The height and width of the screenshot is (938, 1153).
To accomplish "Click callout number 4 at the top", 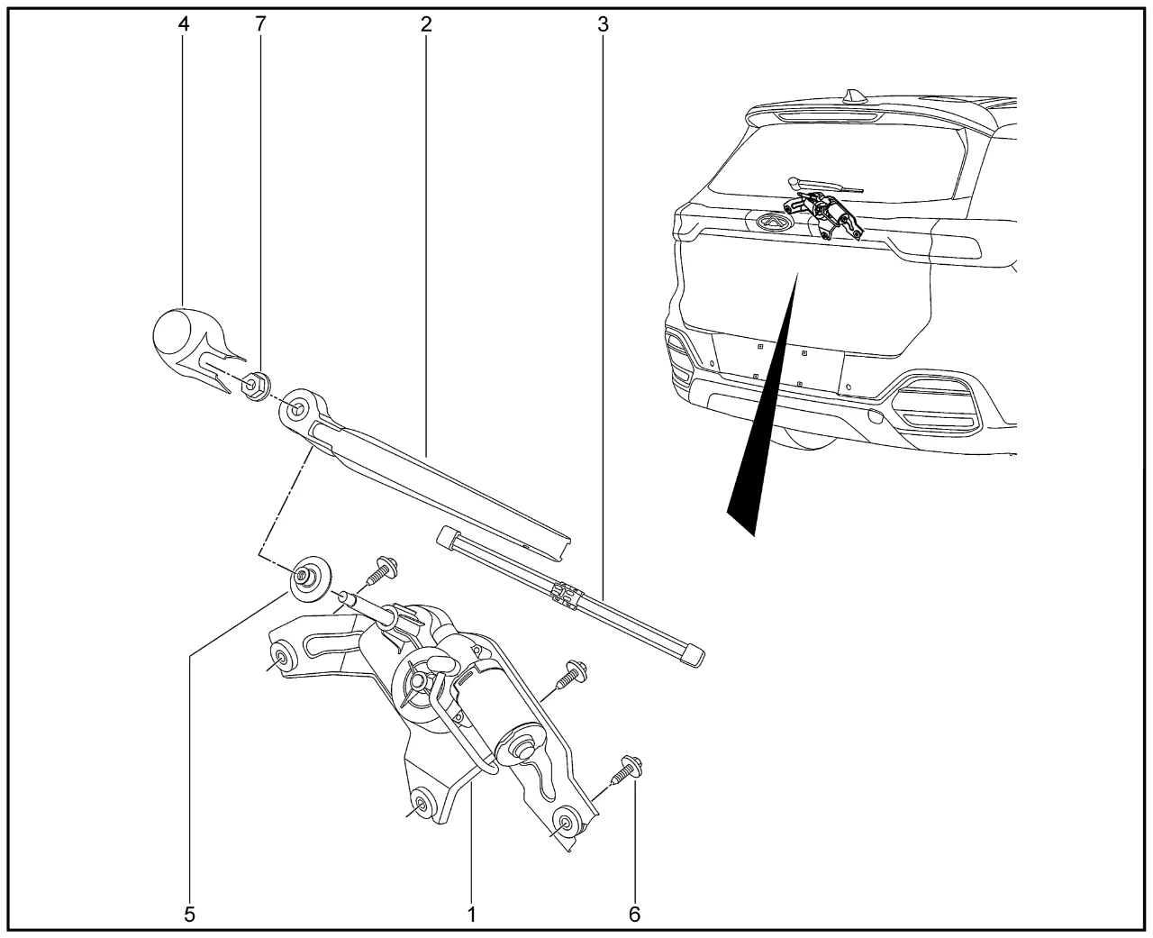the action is (184, 24).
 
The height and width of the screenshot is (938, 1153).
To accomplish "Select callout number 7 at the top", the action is (260, 24).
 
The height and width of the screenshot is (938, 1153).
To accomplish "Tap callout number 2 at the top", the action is (426, 24).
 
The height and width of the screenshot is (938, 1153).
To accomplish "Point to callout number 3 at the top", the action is (603, 24).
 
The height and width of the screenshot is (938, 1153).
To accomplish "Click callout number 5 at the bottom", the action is (189, 915).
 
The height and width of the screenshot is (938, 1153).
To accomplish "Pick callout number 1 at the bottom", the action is (472, 915).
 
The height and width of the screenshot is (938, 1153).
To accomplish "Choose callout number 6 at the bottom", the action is (634, 915).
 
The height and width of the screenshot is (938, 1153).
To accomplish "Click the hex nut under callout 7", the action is (255, 387).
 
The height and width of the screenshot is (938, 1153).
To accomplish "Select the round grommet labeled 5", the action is (310, 578).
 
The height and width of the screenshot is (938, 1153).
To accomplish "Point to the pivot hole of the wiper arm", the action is (296, 408).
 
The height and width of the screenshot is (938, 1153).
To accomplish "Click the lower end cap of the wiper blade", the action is (694, 655).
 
